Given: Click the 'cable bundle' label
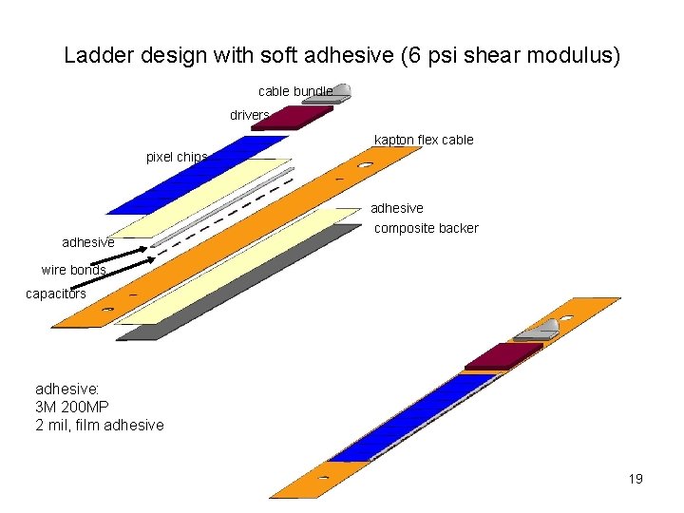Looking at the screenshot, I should click(295, 91).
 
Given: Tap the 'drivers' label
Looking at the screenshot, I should click(250, 115).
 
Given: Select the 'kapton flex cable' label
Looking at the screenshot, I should click(424, 141).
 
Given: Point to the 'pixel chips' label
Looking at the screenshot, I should click(177, 157).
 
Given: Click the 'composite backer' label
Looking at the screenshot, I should click(427, 228).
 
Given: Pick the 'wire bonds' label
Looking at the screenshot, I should click(73, 270).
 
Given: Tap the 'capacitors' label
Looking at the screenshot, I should click(55, 294).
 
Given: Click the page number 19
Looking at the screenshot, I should click(636, 479).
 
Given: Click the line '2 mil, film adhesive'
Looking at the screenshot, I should click(99, 425).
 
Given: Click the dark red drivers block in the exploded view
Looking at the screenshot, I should click(292, 118).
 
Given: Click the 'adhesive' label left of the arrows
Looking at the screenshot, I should click(88, 243).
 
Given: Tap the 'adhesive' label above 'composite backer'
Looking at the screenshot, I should click(397, 208).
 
